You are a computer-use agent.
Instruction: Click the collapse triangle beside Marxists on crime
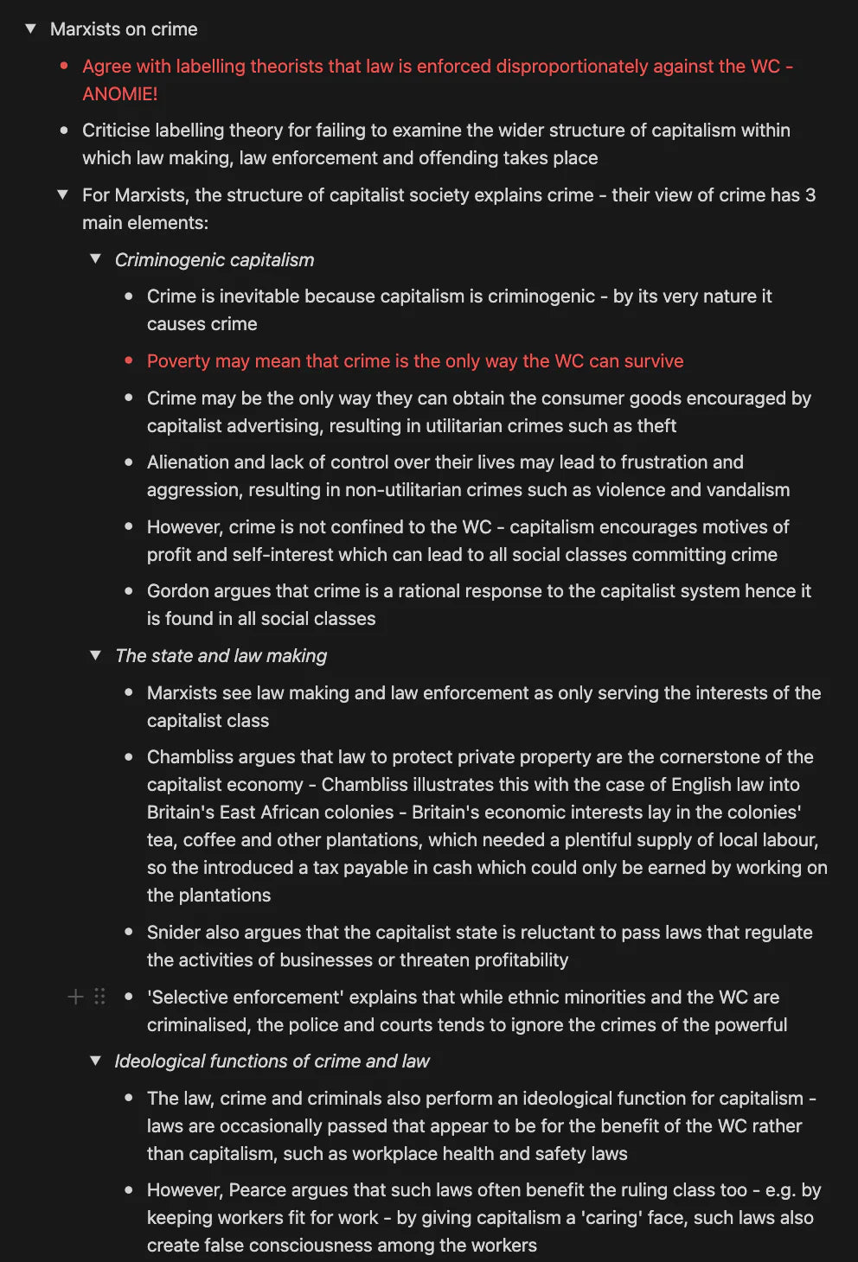click(x=30, y=29)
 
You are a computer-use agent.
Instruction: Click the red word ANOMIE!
click(x=119, y=93)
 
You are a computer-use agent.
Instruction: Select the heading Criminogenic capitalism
click(x=214, y=259)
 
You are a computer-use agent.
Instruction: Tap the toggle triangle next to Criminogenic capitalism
click(x=95, y=259)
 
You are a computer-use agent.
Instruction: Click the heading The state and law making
click(x=221, y=655)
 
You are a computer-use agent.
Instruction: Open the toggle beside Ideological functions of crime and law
click(x=95, y=1061)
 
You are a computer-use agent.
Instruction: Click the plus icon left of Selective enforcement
click(x=76, y=997)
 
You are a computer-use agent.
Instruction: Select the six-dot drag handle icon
click(x=99, y=997)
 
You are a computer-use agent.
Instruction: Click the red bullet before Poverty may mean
click(x=129, y=360)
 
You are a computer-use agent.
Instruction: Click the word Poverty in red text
click(x=178, y=360)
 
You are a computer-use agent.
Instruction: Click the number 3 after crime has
click(x=810, y=194)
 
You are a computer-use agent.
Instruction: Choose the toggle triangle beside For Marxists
click(x=62, y=194)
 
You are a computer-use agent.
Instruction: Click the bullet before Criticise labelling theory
click(x=64, y=131)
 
